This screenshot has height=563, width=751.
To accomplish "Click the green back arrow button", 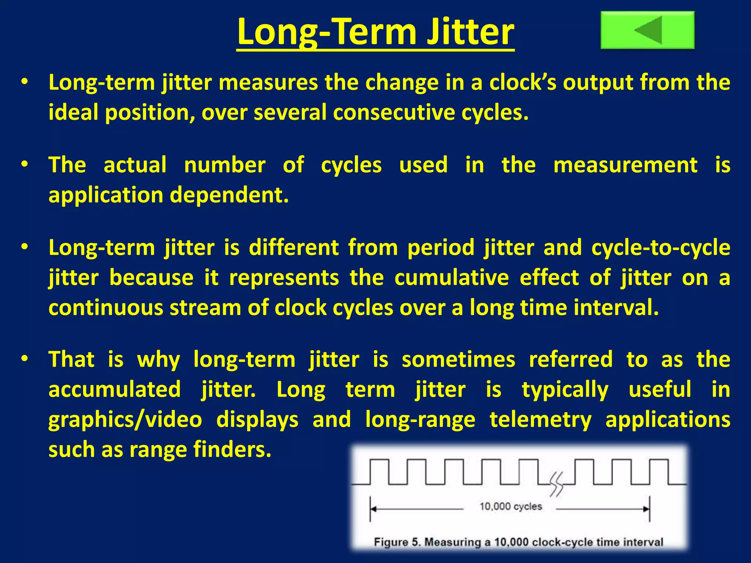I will (647, 30).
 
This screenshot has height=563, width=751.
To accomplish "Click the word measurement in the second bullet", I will (625, 165).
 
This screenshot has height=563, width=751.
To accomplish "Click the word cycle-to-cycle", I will (660, 248).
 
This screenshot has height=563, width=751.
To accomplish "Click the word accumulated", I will (114, 389).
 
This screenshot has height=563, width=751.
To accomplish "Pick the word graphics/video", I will (125, 419).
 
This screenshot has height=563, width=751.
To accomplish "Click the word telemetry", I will (541, 419).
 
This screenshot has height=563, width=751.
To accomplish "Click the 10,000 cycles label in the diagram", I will (510, 507).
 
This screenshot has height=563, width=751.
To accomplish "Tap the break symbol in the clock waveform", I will (557, 484).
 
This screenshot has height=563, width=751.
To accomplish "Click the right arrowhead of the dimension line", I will (646, 509).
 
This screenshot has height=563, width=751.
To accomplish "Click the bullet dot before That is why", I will (24, 359).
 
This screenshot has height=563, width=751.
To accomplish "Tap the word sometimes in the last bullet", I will (458, 360).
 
